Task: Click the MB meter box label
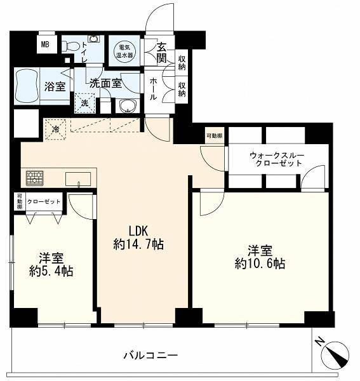(x=45, y=44)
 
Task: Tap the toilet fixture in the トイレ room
(x=71, y=46)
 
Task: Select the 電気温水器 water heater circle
(x=124, y=51)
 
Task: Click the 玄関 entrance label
(x=161, y=53)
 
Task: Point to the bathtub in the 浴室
(x=27, y=86)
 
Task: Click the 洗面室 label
(x=105, y=84)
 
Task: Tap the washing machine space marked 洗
(x=84, y=104)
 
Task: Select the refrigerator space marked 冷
(x=56, y=130)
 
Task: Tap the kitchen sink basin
(x=78, y=179)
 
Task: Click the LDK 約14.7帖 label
(x=138, y=237)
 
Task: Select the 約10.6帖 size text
(x=260, y=264)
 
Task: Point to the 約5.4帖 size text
(x=51, y=271)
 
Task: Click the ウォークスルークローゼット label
(x=277, y=159)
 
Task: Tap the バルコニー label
(x=151, y=356)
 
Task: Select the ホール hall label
(x=153, y=89)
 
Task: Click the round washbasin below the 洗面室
(x=127, y=106)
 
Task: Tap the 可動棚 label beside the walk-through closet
(x=214, y=136)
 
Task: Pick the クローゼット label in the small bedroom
(x=44, y=202)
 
